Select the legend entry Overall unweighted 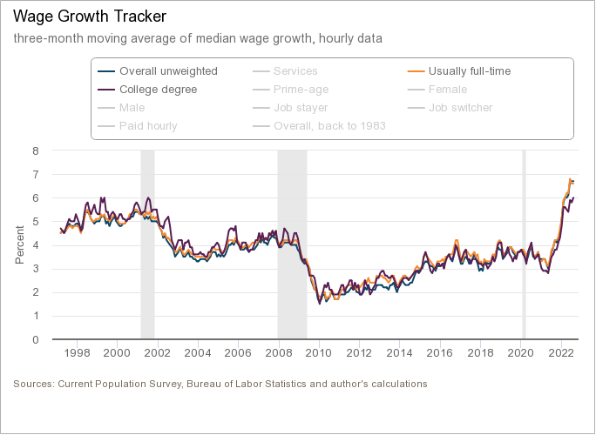click(x=168, y=71)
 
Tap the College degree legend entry click(x=158, y=90)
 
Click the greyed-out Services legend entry click(x=295, y=71)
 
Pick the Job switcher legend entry click(x=460, y=108)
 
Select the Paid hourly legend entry click(x=148, y=126)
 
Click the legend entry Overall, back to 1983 click(x=329, y=126)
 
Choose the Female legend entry click(x=448, y=90)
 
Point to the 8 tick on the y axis click(x=36, y=151)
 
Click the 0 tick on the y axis click(x=36, y=339)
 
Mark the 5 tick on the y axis click(x=36, y=222)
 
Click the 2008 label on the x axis click(x=279, y=352)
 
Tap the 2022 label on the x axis click(x=560, y=352)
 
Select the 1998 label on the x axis click(x=78, y=352)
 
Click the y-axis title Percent click(x=20, y=244)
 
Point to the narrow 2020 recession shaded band click(x=524, y=244)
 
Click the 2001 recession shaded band click(x=147, y=244)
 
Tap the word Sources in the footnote click(x=33, y=384)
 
